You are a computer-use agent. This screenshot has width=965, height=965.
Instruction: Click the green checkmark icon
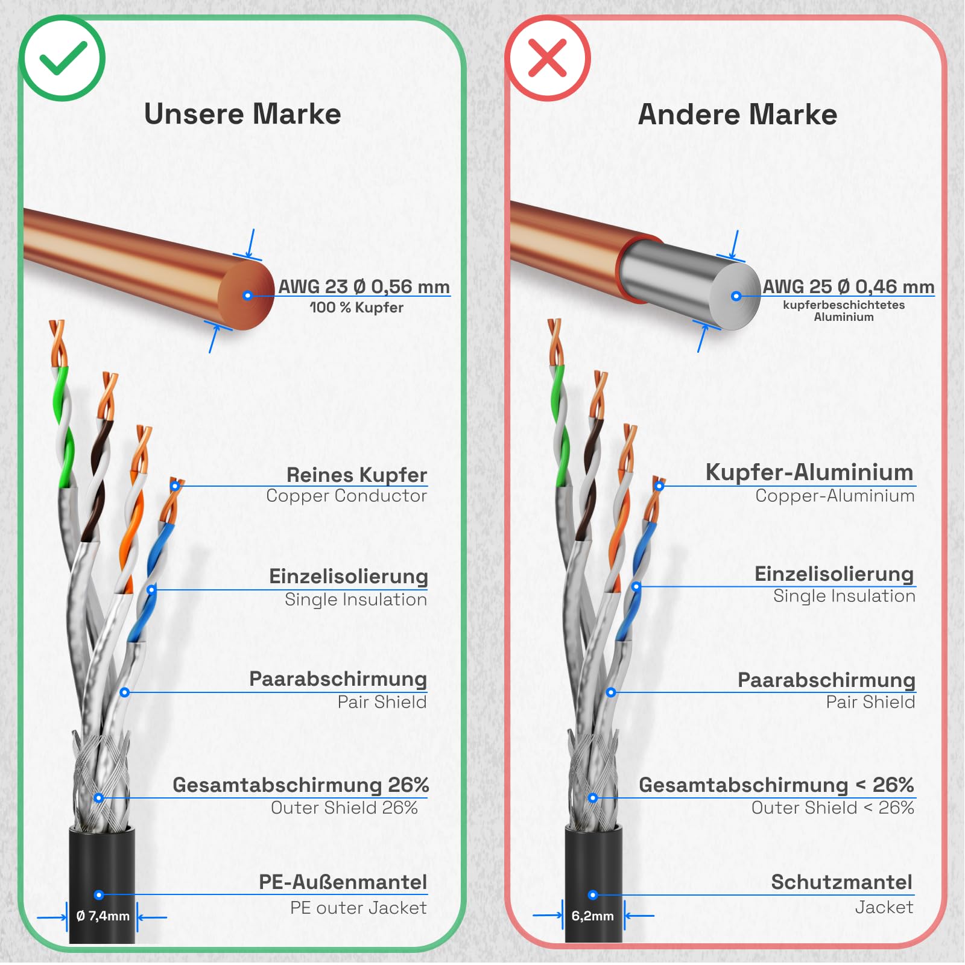click(63, 58)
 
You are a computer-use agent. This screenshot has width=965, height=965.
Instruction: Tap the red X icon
click(547, 58)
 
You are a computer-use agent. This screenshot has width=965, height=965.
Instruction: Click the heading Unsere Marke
click(242, 114)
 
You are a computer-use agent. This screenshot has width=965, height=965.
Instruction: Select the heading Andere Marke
click(737, 114)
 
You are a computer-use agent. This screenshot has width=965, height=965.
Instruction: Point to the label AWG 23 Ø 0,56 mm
click(364, 286)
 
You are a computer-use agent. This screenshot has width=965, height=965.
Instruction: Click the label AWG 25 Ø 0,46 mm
click(848, 286)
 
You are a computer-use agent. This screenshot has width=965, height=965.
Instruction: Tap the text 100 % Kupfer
click(356, 308)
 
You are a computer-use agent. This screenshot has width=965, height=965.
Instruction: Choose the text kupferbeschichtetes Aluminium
click(844, 311)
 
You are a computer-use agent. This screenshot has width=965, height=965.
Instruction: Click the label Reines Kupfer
click(356, 475)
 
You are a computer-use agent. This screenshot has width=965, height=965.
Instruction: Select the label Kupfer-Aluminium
click(809, 472)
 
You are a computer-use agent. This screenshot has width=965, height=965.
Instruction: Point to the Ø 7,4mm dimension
click(103, 916)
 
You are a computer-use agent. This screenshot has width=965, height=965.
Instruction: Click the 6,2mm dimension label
click(593, 916)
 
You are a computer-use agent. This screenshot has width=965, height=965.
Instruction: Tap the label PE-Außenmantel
click(343, 882)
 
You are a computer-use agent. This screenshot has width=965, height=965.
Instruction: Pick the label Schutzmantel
click(841, 882)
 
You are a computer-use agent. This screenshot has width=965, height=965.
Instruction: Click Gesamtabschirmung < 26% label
click(776, 785)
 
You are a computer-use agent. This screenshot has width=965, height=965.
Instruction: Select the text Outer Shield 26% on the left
click(344, 808)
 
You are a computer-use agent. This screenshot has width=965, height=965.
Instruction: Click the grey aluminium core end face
click(735, 296)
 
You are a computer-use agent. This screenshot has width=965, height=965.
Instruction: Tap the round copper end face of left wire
click(246, 296)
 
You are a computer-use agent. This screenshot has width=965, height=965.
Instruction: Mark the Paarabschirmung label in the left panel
click(338, 679)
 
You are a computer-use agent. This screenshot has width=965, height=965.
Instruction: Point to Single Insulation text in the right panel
click(844, 596)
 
